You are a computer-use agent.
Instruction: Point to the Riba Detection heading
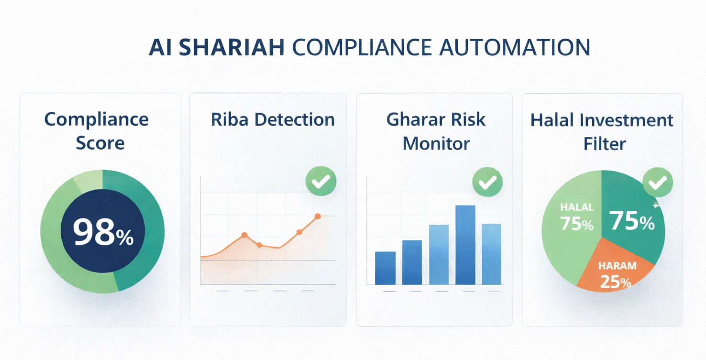273,120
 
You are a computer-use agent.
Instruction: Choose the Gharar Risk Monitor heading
436,131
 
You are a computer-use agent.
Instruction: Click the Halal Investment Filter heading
602,131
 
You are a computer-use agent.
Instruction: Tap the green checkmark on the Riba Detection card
320,181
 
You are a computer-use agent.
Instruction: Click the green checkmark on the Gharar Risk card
487,182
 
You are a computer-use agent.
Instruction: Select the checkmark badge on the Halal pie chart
657,183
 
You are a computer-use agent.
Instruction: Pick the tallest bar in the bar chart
465,245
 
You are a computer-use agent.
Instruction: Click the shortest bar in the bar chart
385,268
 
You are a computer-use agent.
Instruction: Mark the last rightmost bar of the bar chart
491,254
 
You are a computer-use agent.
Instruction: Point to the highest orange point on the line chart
317,217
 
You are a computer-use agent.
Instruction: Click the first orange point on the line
244,235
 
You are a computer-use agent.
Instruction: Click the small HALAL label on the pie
577,207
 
